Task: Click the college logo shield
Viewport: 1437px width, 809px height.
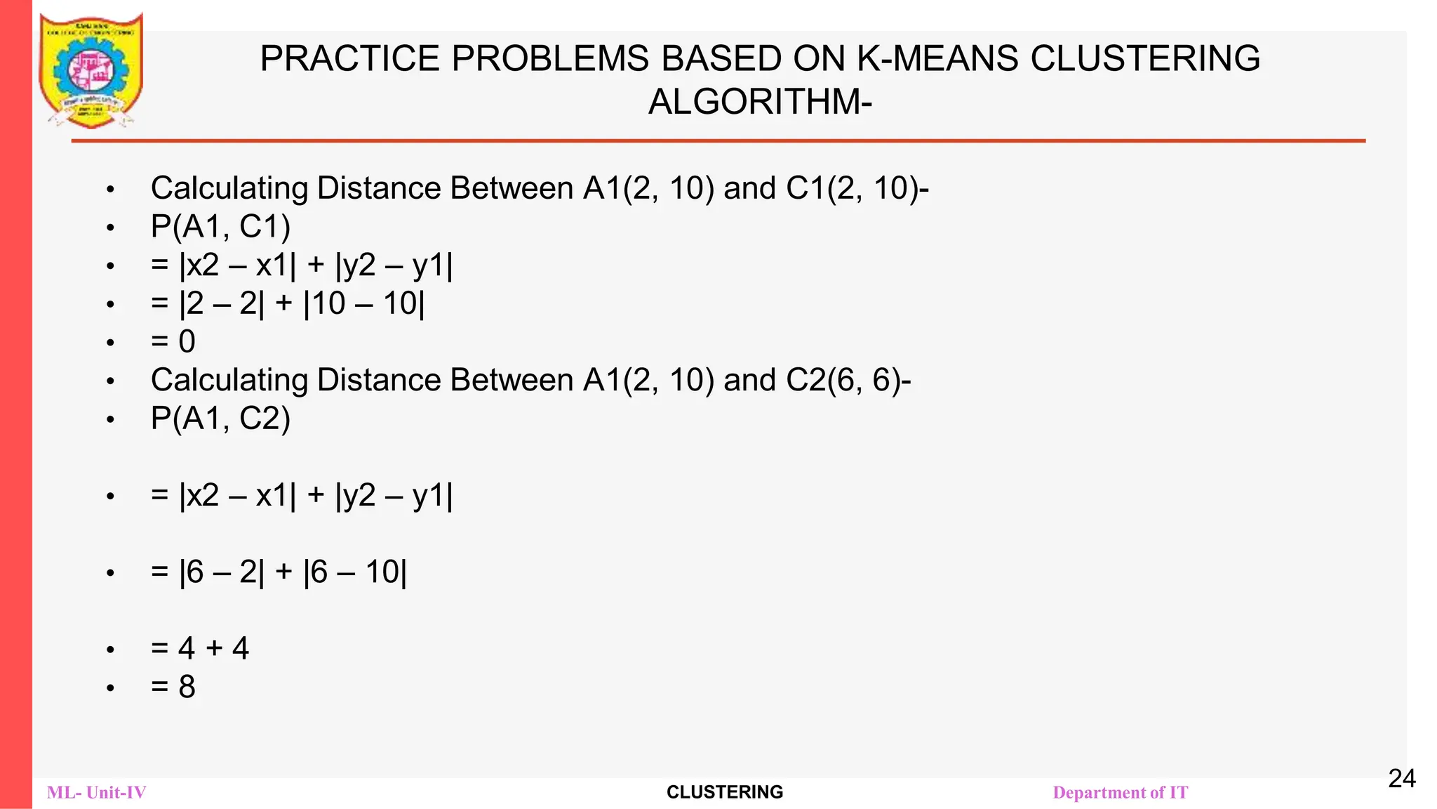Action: (x=91, y=70)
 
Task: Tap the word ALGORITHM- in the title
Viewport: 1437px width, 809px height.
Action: (x=760, y=102)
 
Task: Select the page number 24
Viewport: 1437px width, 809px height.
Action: (x=1402, y=779)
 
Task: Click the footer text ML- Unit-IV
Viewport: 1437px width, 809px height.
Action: (x=97, y=793)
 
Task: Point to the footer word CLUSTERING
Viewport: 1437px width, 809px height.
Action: (x=725, y=792)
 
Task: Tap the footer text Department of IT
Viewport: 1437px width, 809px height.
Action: (x=1121, y=793)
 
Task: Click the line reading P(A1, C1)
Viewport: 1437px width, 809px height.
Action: (x=220, y=227)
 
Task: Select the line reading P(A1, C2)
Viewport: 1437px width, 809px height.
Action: (x=220, y=419)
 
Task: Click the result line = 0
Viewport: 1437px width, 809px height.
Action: (x=173, y=342)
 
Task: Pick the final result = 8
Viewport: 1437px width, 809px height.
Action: (x=173, y=687)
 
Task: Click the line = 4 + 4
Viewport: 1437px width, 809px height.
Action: (x=200, y=648)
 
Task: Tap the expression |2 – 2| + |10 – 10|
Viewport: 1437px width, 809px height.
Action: (x=302, y=304)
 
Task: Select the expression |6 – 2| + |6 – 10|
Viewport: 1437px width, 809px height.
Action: (x=293, y=572)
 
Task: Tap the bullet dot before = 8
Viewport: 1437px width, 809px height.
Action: (x=110, y=688)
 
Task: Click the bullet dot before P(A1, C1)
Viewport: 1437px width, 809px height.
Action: (x=110, y=228)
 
